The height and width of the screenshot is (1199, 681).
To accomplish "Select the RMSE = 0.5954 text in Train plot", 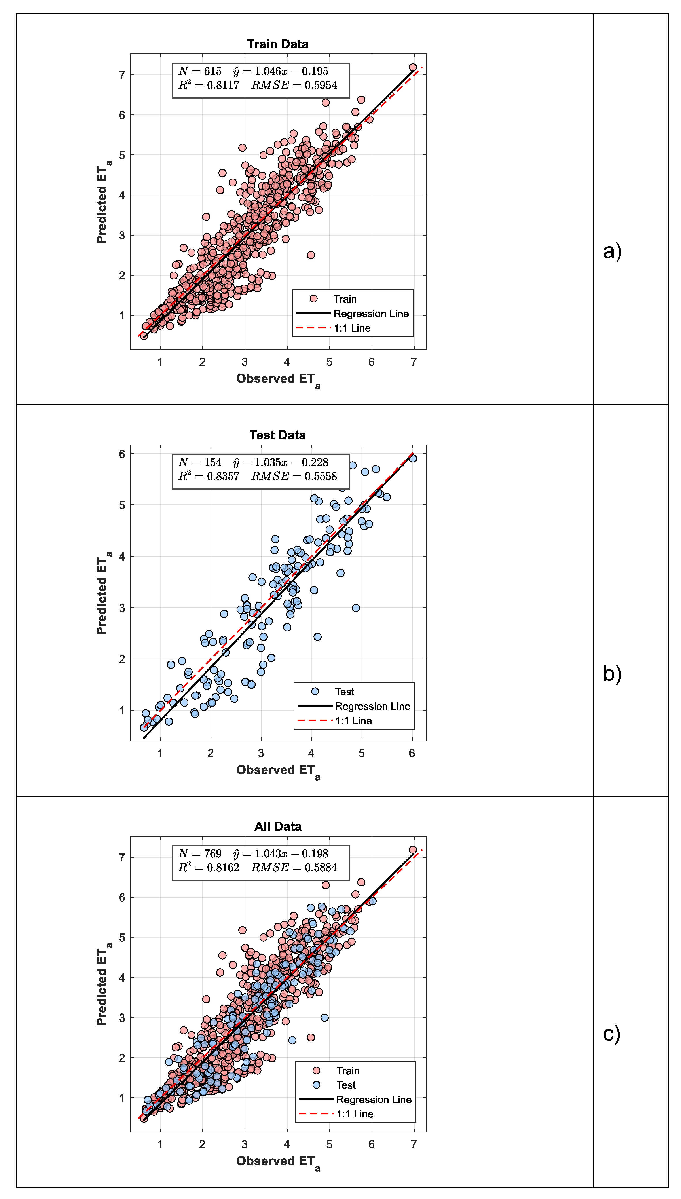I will pos(294,85).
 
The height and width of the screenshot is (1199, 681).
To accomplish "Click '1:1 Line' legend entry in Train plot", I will pos(352,328).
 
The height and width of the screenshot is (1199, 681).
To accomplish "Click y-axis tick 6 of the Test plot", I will pos(122,454).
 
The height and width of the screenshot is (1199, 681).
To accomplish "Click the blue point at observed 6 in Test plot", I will pos(413,458).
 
